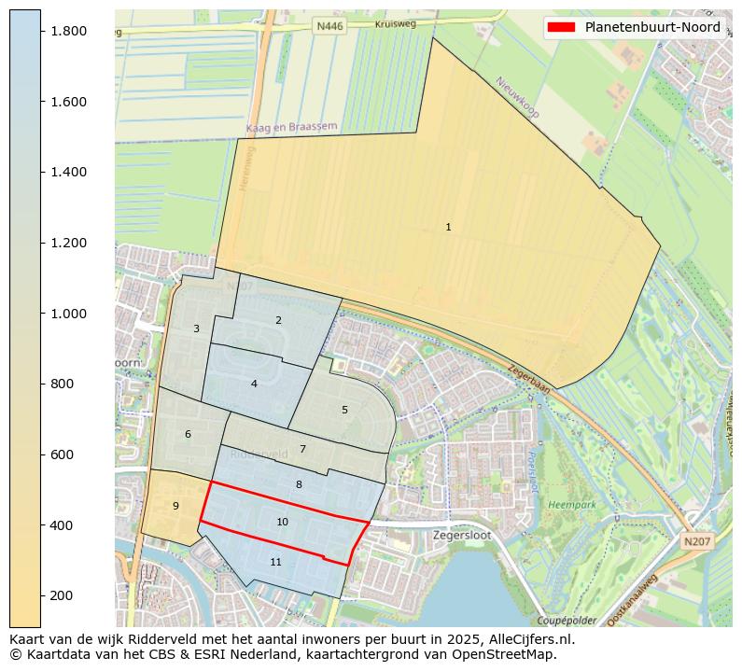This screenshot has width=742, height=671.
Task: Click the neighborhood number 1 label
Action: click(x=448, y=227)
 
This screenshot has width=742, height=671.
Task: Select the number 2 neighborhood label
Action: click(x=278, y=320)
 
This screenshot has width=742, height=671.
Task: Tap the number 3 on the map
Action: click(x=196, y=329)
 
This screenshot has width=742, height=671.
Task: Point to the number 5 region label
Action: click(x=344, y=410)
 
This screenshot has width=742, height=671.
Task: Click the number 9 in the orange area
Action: click(x=175, y=506)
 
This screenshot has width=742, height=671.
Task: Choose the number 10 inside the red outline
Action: click(x=282, y=522)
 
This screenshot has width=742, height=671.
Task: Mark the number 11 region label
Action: click(x=275, y=562)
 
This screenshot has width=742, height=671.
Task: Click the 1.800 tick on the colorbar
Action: click(x=69, y=31)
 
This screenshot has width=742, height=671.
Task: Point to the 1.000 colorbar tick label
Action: click(x=69, y=314)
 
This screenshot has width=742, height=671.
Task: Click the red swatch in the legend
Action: click(x=562, y=27)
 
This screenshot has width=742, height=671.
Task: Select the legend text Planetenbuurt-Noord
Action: click(x=652, y=27)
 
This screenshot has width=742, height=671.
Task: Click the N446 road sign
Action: click(x=329, y=26)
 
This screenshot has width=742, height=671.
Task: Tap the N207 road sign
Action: click(x=695, y=541)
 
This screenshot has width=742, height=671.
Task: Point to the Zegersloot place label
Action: click(x=462, y=536)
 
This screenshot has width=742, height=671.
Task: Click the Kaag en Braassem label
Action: click(x=291, y=127)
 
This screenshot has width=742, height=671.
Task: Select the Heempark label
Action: click(x=572, y=504)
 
